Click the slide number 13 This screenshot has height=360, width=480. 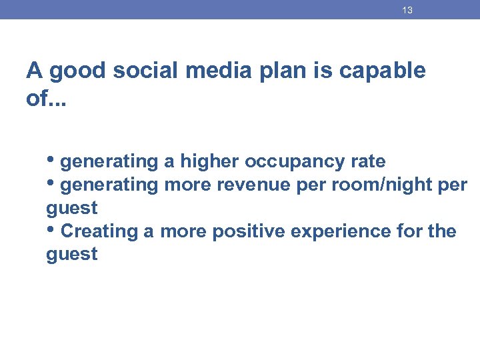407,11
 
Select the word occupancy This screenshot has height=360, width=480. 291,162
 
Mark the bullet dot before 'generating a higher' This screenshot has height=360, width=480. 51,161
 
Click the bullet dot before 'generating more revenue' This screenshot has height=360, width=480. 51,183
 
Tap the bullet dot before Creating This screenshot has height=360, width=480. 51,230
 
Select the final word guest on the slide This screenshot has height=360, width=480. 72,255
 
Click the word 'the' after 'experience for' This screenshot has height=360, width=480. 442,231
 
